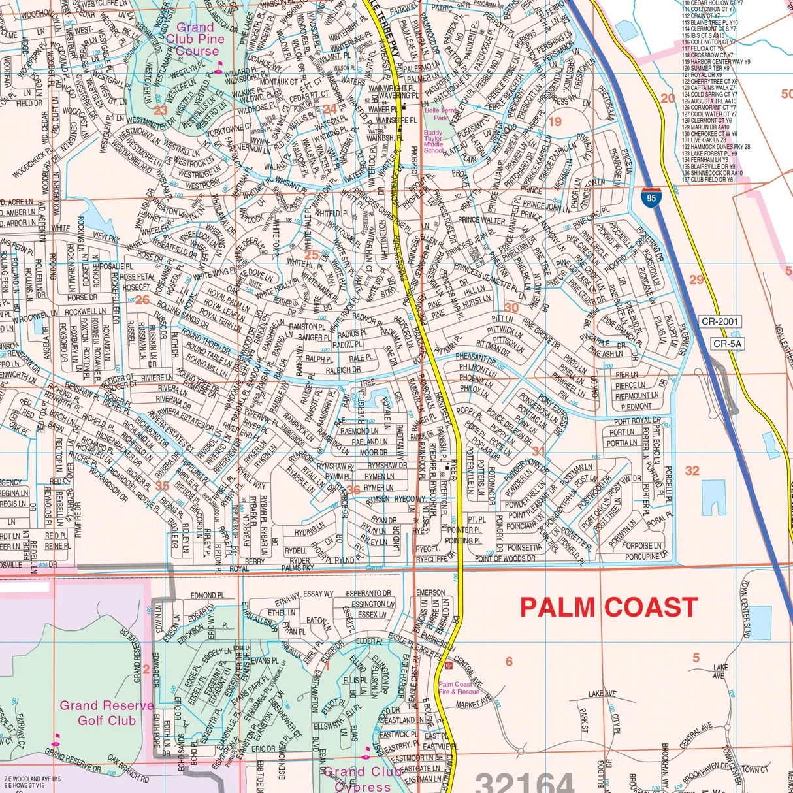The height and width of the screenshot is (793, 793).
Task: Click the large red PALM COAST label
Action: pyautogui.click(x=609, y=607)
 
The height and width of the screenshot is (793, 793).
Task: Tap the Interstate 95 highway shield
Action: pyautogui.click(x=650, y=197)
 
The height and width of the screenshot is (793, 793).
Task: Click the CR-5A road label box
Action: pyautogui.click(x=727, y=344)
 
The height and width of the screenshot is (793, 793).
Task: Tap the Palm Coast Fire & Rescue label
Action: pyautogui.click(x=459, y=688)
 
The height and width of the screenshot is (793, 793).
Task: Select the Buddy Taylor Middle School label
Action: pyautogui.click(x=433, y=141)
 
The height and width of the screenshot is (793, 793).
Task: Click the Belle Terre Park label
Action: pyautogui.click(x=441, y=114)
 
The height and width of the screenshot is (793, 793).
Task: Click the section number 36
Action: pyautogui.click(x=353, y=490)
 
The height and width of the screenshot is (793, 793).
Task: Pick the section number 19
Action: pyautogui.click(x=555, y=121)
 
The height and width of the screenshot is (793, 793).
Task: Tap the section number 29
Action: pyautogui.click(x=696, y=280)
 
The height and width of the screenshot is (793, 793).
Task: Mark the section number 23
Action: pyautogui.click(x=161, y=110)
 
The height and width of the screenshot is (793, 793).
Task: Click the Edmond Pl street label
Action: pyautogui.click(x=207, y=596)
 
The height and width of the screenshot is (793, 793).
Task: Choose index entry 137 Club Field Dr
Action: pyautogui.click(x=707, y=179)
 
